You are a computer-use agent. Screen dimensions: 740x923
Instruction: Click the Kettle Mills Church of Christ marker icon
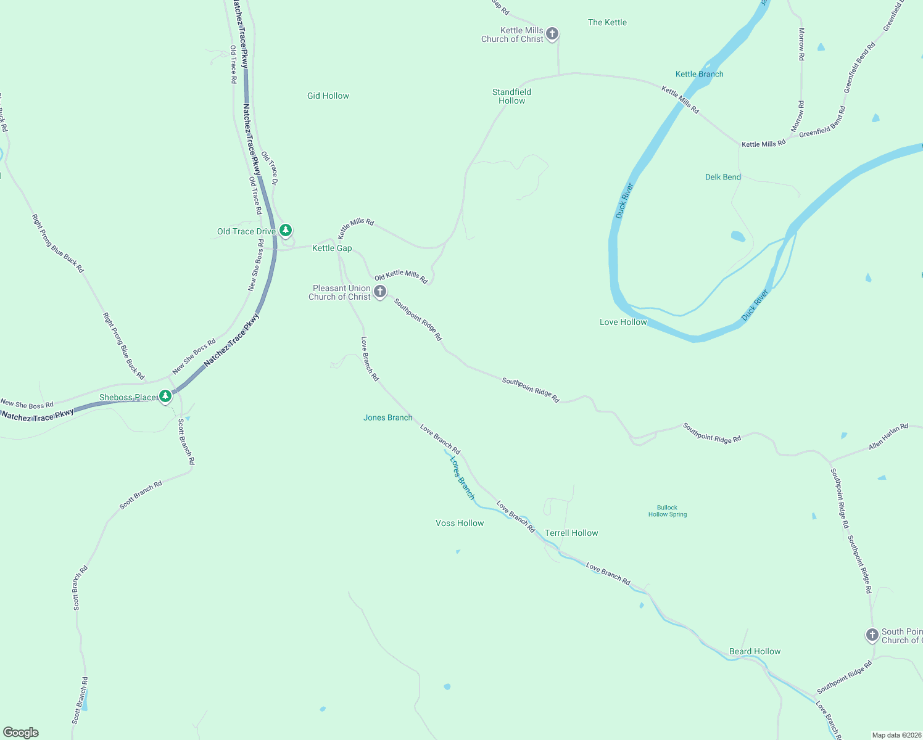click(x=552, y=33)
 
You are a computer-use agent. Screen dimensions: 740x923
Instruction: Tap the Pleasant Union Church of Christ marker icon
click(x=381, y=291)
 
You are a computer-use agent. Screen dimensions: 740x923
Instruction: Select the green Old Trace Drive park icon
click(x=286, y=230)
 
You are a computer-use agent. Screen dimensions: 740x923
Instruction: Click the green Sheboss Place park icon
click(x=165, y=396)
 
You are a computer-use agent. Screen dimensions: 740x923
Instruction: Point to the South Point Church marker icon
click(x=872, y=634)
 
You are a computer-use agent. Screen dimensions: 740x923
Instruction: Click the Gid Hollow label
click(x=328, y=96)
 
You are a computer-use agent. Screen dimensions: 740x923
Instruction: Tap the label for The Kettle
click(x=607, y=22)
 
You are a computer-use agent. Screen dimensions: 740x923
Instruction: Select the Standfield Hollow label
click(x=511, y=96)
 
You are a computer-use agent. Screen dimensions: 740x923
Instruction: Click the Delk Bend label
click(x=722, y=177)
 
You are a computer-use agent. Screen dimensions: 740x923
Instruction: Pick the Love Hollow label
click(x=623, y=322)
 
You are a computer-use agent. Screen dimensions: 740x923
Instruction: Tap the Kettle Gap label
click(x=332, y=248)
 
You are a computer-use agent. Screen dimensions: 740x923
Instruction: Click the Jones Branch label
click(x=387, y=417)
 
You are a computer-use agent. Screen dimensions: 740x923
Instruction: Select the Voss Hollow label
click(x=460, y=523)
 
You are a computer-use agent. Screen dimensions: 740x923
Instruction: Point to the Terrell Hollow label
click(x=571, y=533)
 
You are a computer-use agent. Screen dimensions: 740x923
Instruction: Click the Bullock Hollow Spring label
click(x=667, y=511)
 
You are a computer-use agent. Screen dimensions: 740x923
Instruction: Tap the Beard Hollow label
click(x=755, y=651)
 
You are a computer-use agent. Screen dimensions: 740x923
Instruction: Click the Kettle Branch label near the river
click(x=699, y=74)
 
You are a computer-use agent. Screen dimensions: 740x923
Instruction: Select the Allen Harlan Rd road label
click(x=888, y=436)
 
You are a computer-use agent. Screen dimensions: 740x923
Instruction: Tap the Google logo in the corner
click(x=21, y=733)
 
